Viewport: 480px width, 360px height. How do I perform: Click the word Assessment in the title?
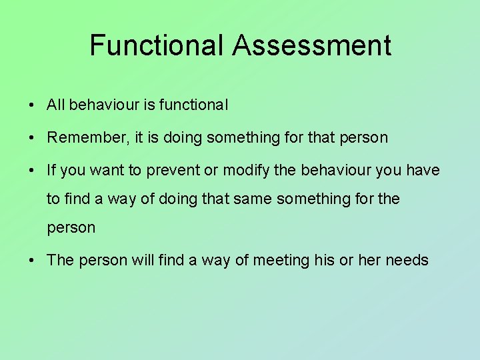(x=312, y=45)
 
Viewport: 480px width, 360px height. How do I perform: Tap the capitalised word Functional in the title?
(x=157, y=45)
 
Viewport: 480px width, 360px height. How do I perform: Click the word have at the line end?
(x=423, y=170)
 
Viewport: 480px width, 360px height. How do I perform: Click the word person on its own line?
(x=71, y=228)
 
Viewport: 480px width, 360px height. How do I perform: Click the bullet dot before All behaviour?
(x=32, y=105)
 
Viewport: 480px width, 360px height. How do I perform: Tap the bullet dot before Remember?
(x=32, y=138)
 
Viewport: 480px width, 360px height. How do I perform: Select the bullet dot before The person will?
(x=32, y=261)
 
